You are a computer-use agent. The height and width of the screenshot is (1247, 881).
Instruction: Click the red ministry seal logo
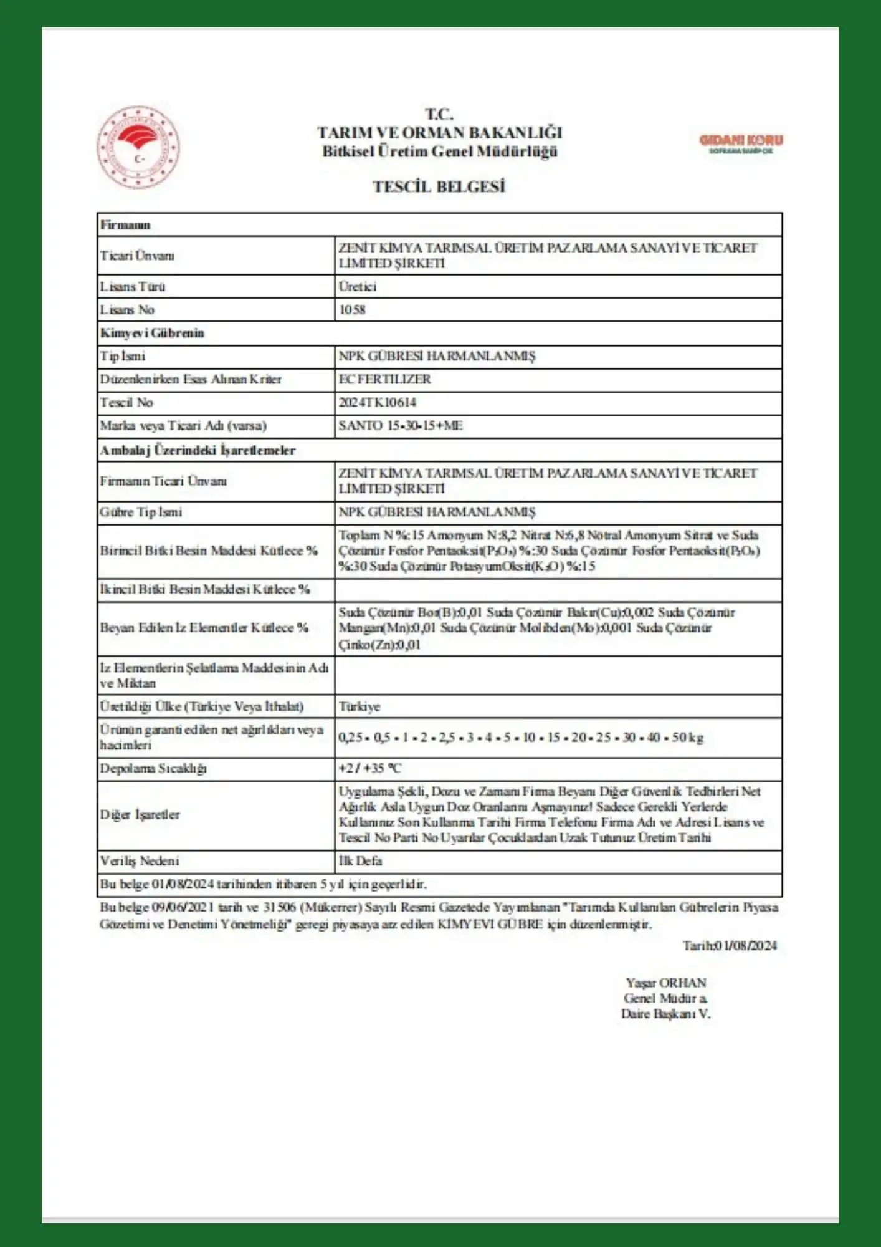(x=138, y=147)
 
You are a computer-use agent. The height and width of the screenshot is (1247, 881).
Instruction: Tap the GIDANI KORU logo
(x=740, y=143)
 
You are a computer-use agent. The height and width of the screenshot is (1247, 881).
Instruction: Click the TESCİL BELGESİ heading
(x=439, y=186)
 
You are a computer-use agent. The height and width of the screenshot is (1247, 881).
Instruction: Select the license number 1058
(x=352, y=310)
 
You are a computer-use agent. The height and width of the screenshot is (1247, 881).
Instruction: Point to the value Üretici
(x=358, y=287)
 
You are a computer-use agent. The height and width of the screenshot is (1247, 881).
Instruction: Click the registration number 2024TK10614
(x=378, y=403)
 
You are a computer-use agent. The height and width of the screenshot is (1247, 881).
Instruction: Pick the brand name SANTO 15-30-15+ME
(x=400, y=426)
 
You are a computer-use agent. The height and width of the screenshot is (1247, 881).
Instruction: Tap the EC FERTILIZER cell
(x=384, y=379)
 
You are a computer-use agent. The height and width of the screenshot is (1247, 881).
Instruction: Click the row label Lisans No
(x=127, y=310)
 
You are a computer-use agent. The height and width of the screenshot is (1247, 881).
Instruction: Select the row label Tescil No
(x=126, y=403)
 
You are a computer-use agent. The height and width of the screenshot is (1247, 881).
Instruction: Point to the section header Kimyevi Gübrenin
(x=152, y=333)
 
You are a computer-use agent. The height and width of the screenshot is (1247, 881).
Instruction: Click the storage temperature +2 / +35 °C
(x=370, y=768)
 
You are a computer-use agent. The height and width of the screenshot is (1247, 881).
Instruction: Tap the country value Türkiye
(x=360, y=706)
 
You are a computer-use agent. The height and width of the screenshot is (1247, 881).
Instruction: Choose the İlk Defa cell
(x=360, y=861)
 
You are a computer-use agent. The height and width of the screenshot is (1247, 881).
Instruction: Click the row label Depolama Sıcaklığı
(x=153, y=768)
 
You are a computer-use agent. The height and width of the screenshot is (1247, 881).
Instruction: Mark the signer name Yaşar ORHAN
(x=665, y=983)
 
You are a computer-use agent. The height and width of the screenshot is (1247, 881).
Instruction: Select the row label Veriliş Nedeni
(x=140, y=861)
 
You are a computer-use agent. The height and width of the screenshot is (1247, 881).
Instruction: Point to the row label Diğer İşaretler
(x=140, y=814)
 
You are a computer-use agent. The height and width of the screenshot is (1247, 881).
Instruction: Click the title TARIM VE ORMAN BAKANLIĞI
(x=439, y=133)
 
